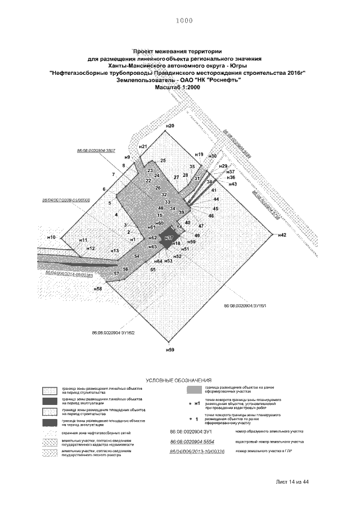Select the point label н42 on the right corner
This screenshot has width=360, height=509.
[x=282, y=235]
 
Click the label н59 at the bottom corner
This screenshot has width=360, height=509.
[x=170, y=350]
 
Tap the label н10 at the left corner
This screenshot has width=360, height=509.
[x=51, y=238]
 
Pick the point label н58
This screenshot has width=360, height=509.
[x=98, y=289]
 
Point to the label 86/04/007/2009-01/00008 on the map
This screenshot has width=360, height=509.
[x=66, y=200]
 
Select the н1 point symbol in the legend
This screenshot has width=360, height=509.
[x=194, y=403]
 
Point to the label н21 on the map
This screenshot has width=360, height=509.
[x=143, y=146]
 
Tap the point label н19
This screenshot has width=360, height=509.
[x=199, y=154]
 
